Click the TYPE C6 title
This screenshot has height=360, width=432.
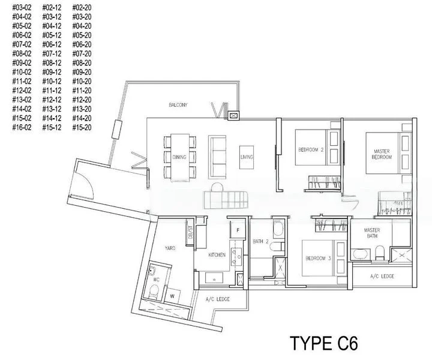324,343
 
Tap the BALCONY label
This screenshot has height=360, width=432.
178,105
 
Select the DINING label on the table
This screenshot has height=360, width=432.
179,157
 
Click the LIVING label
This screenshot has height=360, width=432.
247,157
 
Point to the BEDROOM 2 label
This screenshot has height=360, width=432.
311,150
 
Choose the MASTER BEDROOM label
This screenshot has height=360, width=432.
382,154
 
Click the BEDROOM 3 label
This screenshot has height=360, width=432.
318,259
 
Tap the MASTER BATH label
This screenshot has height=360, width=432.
372,233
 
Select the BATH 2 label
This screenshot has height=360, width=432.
260,242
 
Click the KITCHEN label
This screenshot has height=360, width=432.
217,255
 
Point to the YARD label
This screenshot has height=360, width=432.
170,248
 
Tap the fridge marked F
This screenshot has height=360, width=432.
238,230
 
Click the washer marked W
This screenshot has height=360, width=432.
172,296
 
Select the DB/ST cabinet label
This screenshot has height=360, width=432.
190,232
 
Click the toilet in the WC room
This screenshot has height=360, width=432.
154,292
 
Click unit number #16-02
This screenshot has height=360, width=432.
22,128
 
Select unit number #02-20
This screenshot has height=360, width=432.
82,8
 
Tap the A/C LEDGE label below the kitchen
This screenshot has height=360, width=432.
218,299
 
